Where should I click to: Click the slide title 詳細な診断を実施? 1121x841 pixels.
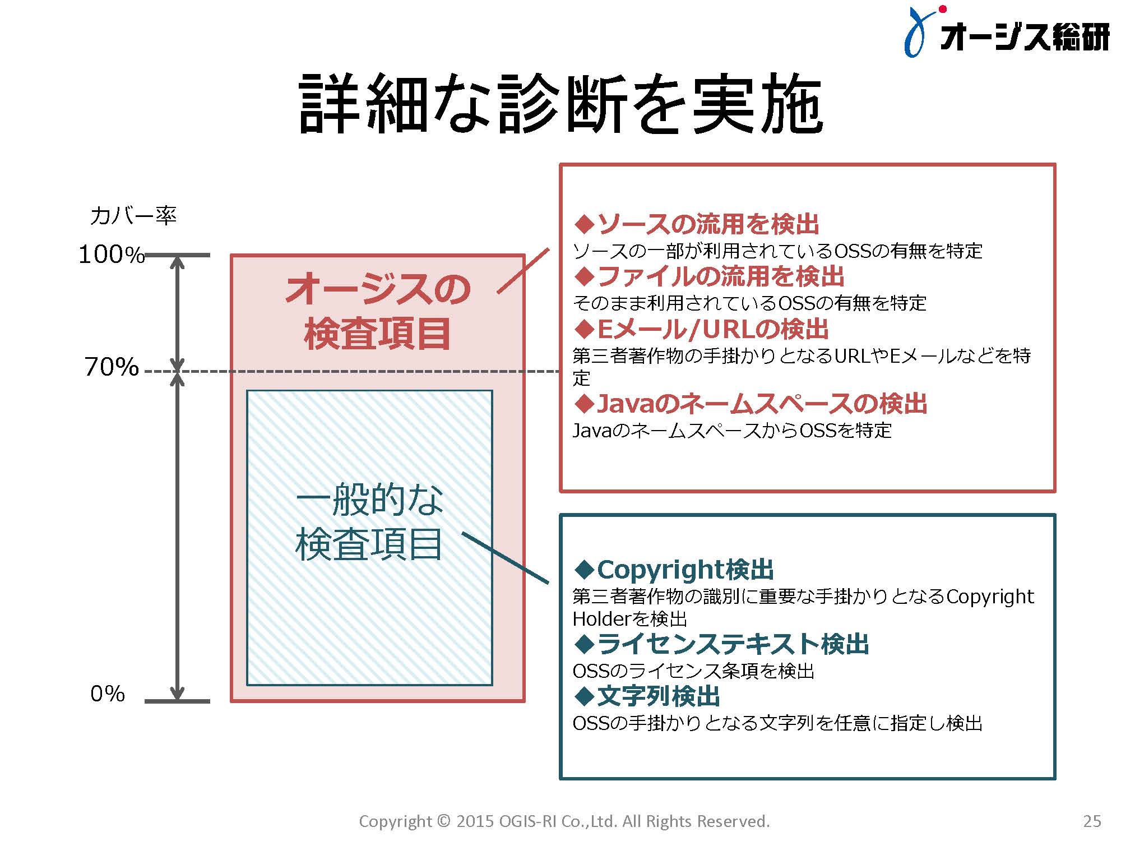(561, 105)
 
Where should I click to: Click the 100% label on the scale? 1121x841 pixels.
(112, 255)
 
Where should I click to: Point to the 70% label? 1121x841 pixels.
(112, 367)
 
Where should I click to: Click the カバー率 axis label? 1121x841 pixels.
(133, 216)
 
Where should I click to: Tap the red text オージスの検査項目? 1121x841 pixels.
(378, 311)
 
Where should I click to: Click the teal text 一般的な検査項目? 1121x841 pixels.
(369, 521)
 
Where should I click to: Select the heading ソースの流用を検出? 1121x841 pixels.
(697, 224)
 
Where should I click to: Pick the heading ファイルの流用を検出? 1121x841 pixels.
(710, 276)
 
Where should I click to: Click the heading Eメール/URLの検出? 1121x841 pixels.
(701, 329)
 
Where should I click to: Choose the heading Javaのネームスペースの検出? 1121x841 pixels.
(751, 404)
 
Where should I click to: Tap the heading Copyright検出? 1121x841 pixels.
(674, 570)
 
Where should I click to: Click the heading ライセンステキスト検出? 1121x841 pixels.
(721, 644)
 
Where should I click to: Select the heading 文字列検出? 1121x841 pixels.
(647, 696)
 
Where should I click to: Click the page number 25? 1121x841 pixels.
(1092, 821)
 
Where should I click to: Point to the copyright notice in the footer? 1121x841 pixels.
(564, 821)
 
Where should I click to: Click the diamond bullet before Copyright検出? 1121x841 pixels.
(584, 570)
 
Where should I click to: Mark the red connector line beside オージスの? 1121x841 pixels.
(523, 271)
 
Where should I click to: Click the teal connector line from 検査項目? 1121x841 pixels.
(505, 558)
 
